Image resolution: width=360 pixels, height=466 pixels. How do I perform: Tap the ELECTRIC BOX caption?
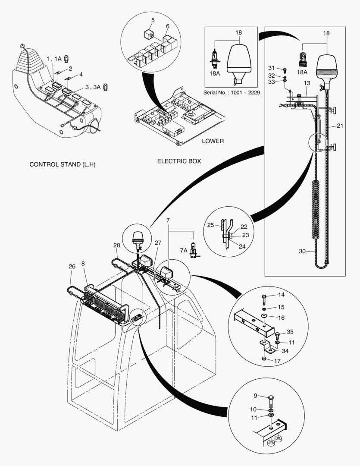coord(179,161)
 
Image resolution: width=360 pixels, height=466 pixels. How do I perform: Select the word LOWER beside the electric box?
coord(213,141)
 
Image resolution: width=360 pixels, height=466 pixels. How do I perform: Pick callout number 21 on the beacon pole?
coord(340,126)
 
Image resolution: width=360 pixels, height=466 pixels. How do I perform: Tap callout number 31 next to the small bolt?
coord(271,68)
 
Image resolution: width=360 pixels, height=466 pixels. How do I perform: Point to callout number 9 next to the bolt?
coord(255,395)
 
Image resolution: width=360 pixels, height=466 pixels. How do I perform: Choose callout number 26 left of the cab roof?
coord(72,267)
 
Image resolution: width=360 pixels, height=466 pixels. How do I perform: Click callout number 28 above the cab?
coord(116,246)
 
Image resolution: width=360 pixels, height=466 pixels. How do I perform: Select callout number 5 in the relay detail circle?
coord(153,20)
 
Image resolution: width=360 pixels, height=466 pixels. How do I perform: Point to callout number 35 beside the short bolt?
coord(290,332)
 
